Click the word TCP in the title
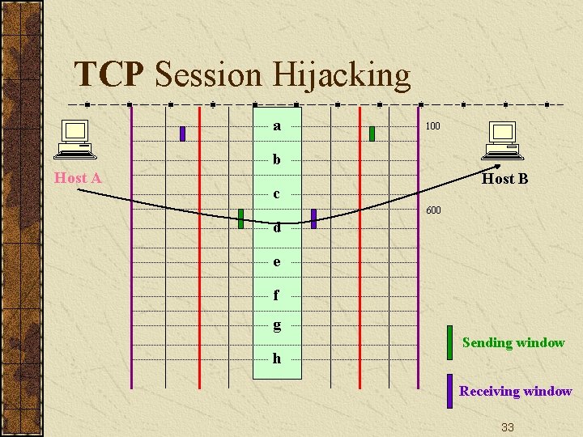(109, 75)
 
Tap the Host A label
(78, 178)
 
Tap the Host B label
(504, 179)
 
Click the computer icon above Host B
(502, 140)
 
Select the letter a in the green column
(277, 126)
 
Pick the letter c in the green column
(277, 194)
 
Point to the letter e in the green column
(277, 262)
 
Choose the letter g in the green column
(277, 325)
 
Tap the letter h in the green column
(277, 359)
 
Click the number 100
(432, 127)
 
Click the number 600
(433, 211)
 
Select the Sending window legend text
(513, 342)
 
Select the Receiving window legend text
(516, 391)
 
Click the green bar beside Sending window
(449, 342)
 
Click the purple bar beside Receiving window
(449, 391)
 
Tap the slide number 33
(508, 426)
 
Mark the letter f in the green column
(277, 295)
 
